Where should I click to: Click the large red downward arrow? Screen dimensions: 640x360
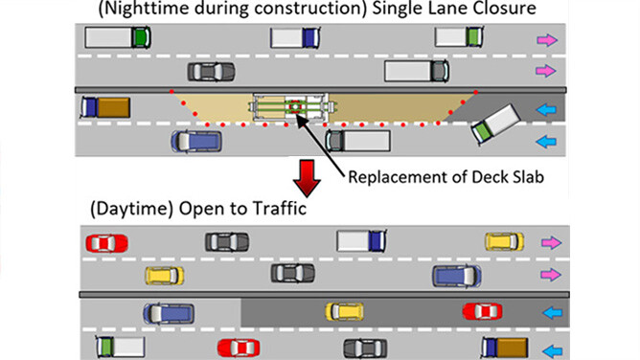pos(307,178)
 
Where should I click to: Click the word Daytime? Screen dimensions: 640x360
pos(132,209)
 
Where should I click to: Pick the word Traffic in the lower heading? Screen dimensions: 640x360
pos(280,209)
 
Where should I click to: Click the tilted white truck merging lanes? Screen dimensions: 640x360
pos(495,124)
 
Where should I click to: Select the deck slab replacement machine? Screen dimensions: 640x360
pos(292,107)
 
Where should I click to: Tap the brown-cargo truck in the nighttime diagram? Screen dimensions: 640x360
pos(105,107)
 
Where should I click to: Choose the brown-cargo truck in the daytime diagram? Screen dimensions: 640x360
pos(505,348)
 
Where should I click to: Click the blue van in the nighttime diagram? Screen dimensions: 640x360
pos(196,142)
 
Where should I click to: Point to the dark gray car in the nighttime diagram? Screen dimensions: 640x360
pos(211,72)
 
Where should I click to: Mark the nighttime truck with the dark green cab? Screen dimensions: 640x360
pos(118,37)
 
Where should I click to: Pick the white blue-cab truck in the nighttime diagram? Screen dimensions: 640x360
pos(295,38)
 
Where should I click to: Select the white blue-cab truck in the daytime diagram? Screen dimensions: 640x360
pos(361,240)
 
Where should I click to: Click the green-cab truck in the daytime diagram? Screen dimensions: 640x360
pos(121,347)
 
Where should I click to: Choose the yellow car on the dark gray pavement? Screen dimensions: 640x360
pos(345,312)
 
